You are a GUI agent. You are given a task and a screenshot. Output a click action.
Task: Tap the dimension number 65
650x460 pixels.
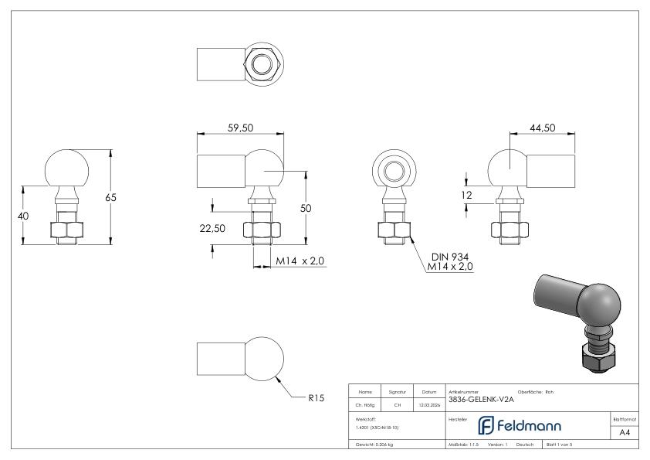pyautogui.click(x=111, y=197)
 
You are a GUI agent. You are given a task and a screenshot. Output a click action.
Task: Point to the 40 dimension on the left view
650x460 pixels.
pyautogui.click(x=23, y=216)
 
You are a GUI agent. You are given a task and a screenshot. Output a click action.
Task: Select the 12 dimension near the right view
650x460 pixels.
pyautogui.click(x=465, y=196)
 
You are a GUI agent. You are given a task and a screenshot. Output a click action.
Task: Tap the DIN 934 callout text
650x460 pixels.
pyautogui.click(x=449, y=256)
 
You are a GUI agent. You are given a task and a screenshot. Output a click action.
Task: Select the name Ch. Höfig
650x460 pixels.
pyautogui.click(x=365, y=402)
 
